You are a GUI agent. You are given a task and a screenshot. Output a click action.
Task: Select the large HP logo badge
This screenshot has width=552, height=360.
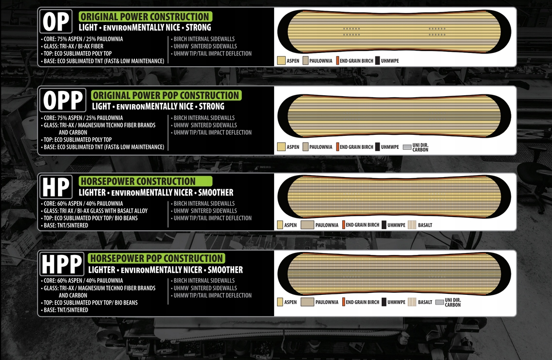click(x=57, y=187)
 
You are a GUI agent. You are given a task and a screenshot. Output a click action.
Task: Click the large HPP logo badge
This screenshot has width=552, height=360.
click(x=62, y=264)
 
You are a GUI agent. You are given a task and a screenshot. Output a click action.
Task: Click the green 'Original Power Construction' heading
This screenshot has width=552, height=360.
click(x=145, y=17)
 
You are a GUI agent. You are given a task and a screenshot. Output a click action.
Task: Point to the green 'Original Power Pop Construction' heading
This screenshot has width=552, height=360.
click(x=166, y=95)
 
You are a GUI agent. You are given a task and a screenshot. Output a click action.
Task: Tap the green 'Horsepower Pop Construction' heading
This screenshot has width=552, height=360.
click(x=156, y=258)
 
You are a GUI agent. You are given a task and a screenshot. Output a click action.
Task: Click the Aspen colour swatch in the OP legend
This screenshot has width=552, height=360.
click(x=281, y=61)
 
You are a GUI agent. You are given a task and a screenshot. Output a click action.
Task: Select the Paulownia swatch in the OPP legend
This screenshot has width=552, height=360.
click(x=306, y=147)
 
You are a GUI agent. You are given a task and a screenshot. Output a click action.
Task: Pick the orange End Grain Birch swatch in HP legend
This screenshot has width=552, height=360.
click(x=344, y=225)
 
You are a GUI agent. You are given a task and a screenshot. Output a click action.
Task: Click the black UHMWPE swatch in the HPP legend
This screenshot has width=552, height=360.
click(x=384, y=302)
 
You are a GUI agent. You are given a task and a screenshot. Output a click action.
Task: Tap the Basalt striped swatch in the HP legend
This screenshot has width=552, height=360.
click(x=411, y=225)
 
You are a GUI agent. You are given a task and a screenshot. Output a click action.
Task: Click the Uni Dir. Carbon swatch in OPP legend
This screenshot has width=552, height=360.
click(x=406, y=147)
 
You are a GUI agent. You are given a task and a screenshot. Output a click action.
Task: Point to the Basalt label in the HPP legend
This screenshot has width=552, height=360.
click(x=425, y=302)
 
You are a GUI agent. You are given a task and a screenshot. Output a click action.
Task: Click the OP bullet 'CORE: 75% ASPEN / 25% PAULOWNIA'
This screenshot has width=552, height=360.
click(x=83, y=39)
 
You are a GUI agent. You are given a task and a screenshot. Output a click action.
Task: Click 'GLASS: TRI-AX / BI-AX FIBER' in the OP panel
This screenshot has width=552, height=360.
click(x=73, y=46)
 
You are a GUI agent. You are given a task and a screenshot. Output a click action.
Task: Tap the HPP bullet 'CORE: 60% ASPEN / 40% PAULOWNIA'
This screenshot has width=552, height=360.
click(x=83, y=281)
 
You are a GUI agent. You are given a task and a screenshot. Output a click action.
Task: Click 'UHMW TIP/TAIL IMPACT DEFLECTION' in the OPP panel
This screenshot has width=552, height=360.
click(x=213, y=132)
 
